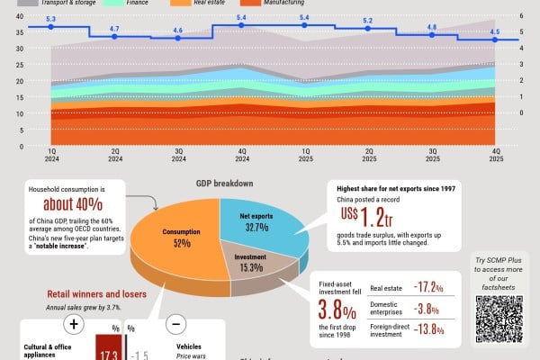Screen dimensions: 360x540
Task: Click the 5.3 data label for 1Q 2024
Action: click(x=50, y=19)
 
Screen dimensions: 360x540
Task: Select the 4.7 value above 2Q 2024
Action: click(x=114, y=30)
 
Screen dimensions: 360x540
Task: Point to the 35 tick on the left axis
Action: click(x=19, y=31)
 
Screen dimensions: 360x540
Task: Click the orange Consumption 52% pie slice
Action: click(x=175, y=247)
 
